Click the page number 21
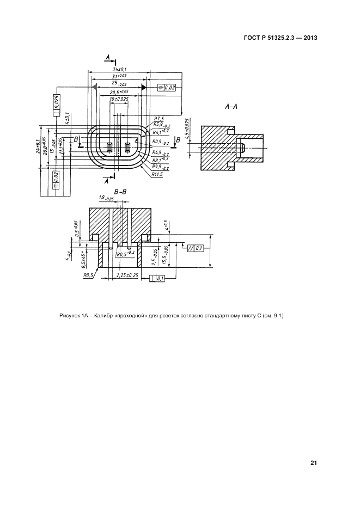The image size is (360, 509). click(x=313, y=463)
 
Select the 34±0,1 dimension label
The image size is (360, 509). click(x=119, y=70)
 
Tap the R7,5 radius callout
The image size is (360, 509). click(x=159, y=118)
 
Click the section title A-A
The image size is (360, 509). click(x=231, y=107)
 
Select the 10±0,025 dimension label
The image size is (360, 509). click(x=119, y=100)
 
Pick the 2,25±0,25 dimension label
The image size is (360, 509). click(x=127, y=275)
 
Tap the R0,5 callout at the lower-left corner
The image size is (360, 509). click(x=89, y=275)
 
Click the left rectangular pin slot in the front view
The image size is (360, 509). click(x=110, y=147)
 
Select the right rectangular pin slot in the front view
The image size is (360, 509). click(x=128, y=147)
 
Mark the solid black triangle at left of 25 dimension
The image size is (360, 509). click(x=94, y=87)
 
